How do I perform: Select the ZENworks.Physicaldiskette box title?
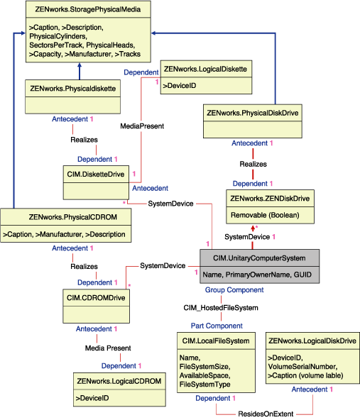pos(71,87)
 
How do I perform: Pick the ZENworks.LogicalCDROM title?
pos(119,381)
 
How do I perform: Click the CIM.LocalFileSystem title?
pos(214,341)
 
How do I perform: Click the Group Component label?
pos(234,290)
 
